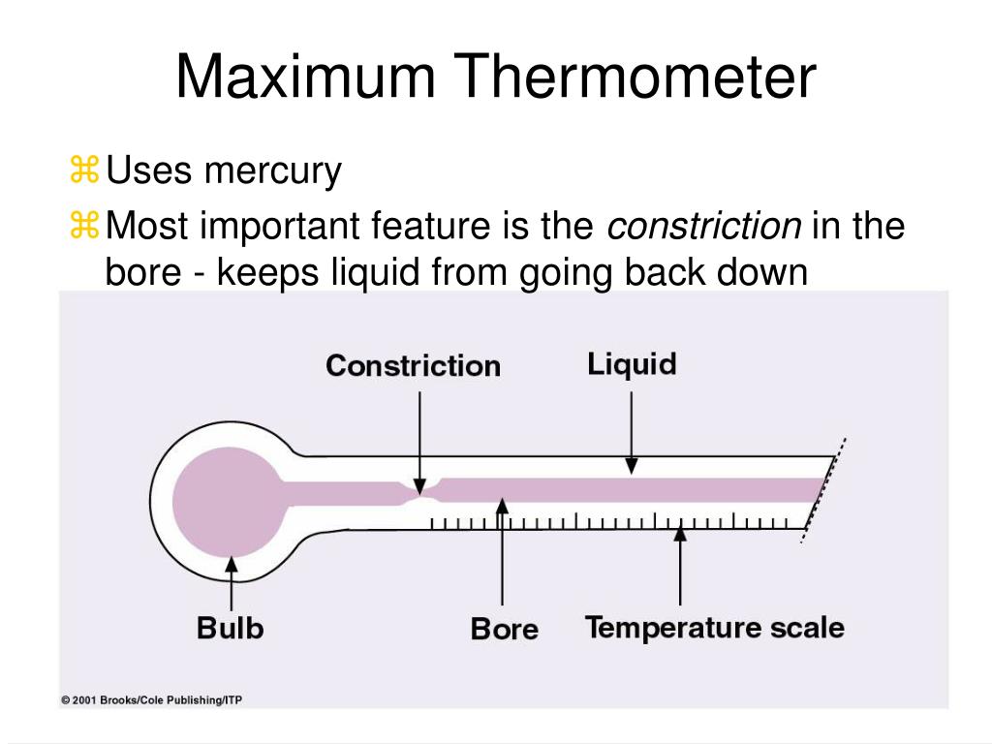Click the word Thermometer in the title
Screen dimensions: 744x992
click(639, 78)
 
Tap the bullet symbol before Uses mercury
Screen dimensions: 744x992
click(85, 171)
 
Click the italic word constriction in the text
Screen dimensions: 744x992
click(704, 227)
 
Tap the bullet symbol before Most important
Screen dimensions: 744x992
click(85, 227)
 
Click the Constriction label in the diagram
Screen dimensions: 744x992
click(413, 366)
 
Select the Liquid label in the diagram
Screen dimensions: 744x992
click(631, 364)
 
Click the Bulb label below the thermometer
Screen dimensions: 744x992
click(231, 628)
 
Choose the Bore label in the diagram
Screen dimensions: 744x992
click(504, 630)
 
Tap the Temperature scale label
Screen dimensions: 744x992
click(715, 628)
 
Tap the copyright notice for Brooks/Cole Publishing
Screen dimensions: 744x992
click(151, 699)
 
